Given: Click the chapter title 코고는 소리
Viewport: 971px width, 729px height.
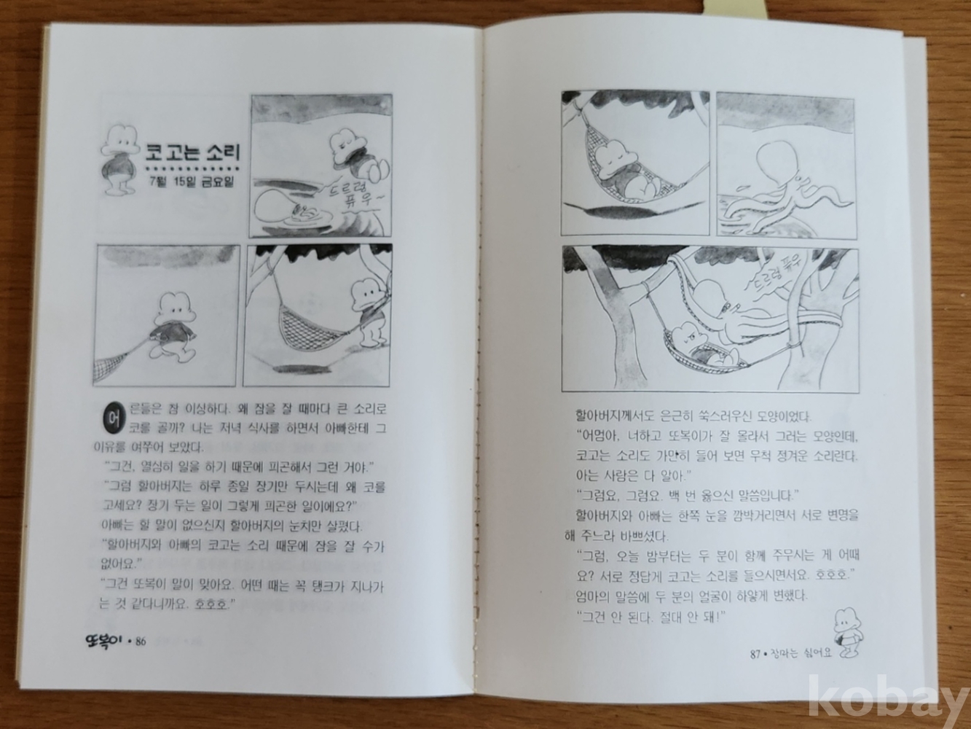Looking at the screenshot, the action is pos(193,152).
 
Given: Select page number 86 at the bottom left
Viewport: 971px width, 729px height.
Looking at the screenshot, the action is pos(141,640).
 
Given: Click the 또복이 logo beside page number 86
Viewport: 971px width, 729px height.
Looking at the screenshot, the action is pos(106,639).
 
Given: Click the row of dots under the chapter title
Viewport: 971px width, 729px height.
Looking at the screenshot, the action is pos(192,168).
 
